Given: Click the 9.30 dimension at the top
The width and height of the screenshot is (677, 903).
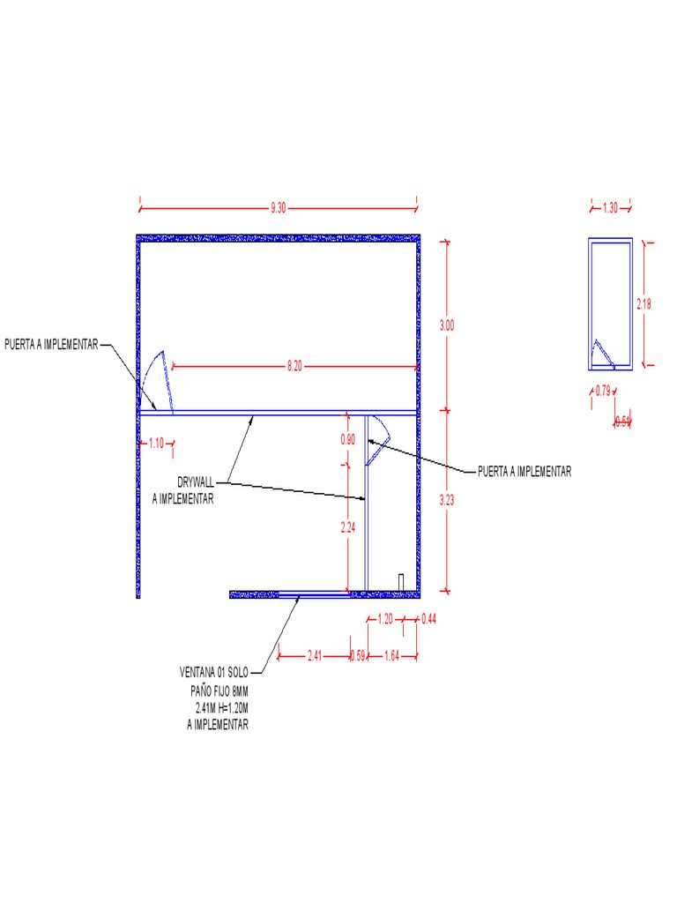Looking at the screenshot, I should tap(279, 208).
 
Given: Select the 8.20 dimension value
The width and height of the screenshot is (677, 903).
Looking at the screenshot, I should tap(294, 367).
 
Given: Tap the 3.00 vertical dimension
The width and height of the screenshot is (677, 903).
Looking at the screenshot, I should tap(447, 325).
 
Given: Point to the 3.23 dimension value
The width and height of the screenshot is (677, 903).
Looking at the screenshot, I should tap(447, 500).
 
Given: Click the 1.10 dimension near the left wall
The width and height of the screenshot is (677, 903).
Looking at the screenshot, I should tap(156, 444).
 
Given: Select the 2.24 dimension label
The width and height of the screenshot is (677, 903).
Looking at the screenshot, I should tap(348, 528).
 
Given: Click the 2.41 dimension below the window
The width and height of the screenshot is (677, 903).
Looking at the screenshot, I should tap(315, 655).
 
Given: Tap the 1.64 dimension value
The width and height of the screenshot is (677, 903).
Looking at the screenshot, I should tap(391, 655).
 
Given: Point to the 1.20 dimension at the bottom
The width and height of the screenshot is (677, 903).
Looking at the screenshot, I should tap(384, 620).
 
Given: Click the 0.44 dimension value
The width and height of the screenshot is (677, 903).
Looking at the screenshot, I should tap(429, 620).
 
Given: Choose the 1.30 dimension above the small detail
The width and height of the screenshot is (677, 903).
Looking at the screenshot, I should tap(610, 208).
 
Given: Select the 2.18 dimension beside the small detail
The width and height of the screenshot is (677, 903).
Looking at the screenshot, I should tap(644, 303).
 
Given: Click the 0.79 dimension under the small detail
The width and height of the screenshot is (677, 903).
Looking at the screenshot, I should tap(602, 390).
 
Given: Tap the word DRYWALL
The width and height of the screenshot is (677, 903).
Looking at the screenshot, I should tap(196, 484).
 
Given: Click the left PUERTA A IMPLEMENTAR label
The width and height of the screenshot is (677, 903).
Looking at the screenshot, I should tap(51, 345).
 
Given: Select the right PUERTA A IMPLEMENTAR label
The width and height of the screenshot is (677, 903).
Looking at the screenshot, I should tap(524, 472).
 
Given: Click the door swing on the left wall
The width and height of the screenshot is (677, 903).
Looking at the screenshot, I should tap(157, 380).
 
